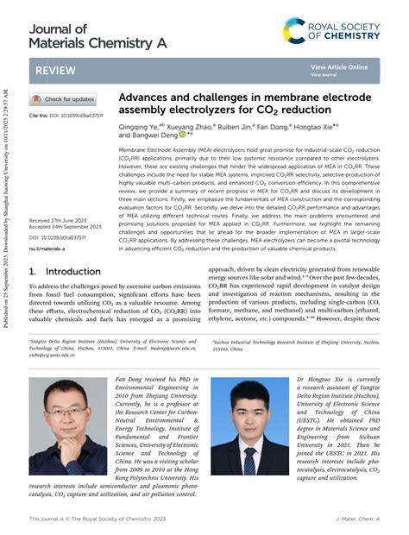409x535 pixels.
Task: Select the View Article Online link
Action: [339, 66]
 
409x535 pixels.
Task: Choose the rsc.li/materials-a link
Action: [47, 249]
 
